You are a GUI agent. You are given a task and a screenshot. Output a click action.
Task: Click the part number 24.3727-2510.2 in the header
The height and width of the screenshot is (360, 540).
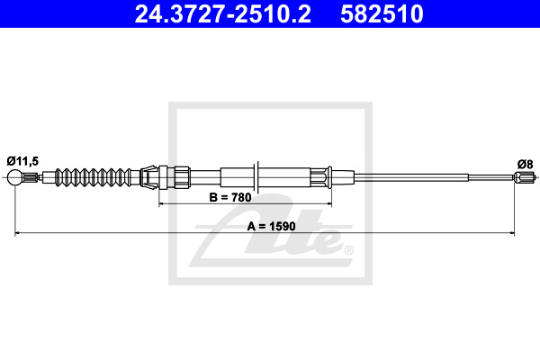pyautogui.click(x=223, y=14)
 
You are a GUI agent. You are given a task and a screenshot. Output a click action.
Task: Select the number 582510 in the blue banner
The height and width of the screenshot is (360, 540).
pyautogui.click(x=382, y=14)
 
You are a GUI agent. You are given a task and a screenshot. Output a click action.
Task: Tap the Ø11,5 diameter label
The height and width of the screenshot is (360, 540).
pyautogui.click(x=22, y=161)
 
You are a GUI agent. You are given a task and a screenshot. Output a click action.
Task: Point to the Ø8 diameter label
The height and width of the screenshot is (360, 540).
pyautogui.click(x=526, y=164)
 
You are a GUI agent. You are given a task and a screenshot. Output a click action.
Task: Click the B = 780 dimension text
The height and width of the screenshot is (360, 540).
pyautogui.click(x=230, y=198)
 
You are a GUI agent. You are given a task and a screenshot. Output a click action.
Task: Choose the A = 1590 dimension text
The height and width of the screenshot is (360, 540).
pyautogui.click(x=272, y=226)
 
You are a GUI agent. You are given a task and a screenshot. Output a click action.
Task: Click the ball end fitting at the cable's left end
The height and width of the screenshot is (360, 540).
pyautogui.click(x=14, y=177)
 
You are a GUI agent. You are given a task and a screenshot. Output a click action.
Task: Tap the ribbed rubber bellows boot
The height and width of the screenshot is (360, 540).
pyautogui.click(x=93, y=177)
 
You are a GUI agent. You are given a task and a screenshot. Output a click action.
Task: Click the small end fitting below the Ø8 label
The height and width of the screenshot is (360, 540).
pyautogui.click(x=525, y=177)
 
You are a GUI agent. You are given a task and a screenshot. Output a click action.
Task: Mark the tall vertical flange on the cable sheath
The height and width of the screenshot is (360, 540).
pyautogui.click(x=256, y=176)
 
